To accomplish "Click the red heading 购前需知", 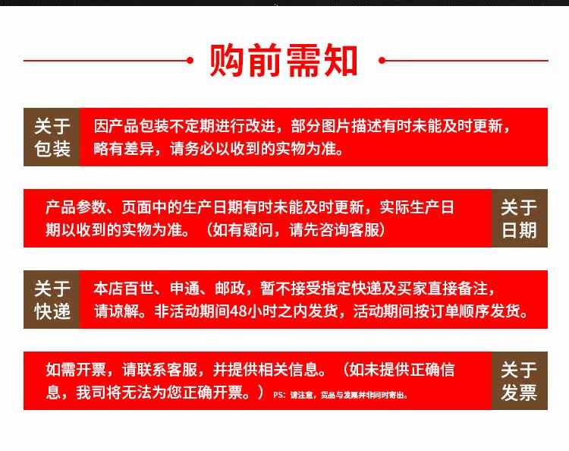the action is [284, 60].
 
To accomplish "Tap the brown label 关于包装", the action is [52, 137].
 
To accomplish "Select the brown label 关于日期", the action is [519, 218].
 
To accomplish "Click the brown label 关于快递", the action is [52, 300].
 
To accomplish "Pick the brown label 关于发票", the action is [519, 380].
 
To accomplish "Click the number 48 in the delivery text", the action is [239, 311].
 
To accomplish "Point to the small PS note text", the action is [341, 395].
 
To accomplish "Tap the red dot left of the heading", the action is [190, 60].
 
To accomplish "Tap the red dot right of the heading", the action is [382, 60].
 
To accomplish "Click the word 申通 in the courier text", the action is [184, 289].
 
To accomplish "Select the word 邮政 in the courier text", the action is [230, 289].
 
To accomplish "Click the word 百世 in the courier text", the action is [140, 289].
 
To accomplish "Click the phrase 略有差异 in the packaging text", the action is [124, 149].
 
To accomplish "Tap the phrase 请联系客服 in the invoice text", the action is [159, 370].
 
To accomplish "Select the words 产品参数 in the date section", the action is [76, 207].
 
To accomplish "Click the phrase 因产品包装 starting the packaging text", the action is [131, 126].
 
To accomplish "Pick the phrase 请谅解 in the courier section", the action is [117, 311].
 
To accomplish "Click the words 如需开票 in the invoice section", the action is [76, 370].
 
